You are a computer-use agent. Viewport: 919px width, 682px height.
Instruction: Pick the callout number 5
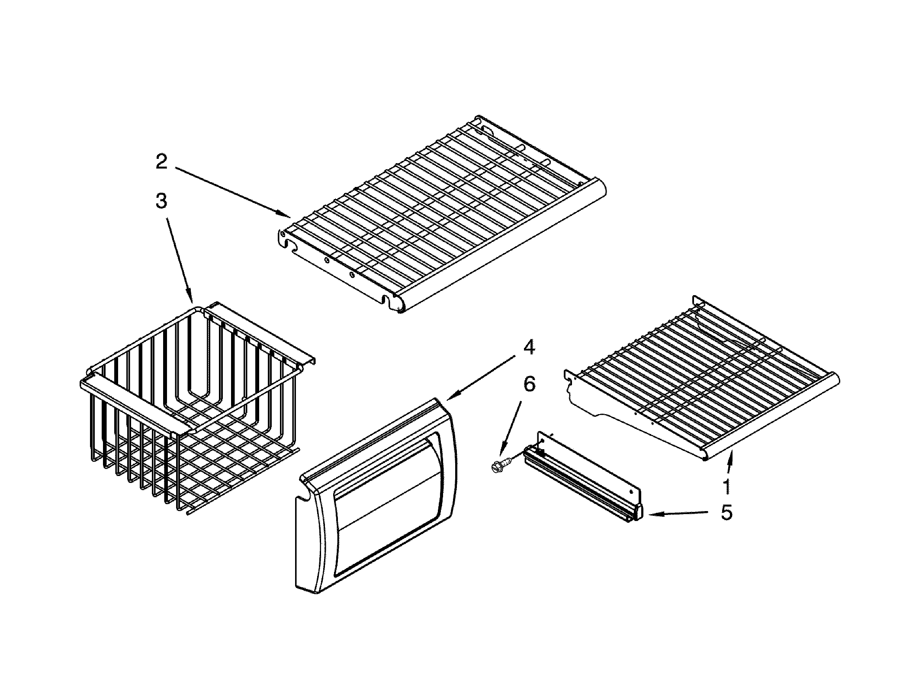(x=726, y=512)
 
